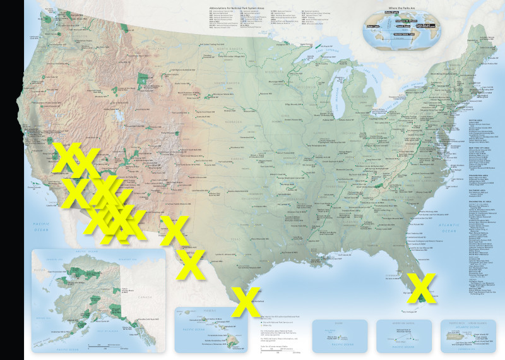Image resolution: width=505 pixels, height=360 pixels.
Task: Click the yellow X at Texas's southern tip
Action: [245, 302]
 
